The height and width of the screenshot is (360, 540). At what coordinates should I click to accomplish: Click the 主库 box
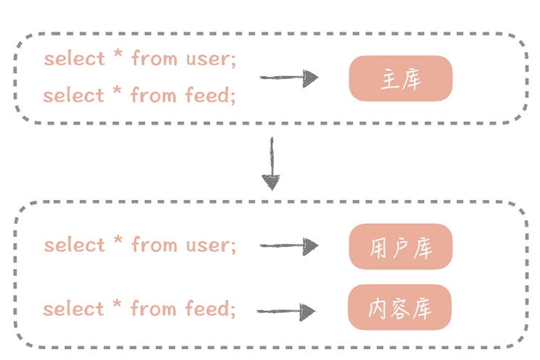(401, 78)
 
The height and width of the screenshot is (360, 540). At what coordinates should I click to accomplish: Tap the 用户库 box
(401, 246)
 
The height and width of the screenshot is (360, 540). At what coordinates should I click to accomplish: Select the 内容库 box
(399, 307)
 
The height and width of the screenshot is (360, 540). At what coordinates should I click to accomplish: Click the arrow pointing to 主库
(289, 78)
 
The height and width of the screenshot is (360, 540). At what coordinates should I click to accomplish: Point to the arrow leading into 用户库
(289, 246)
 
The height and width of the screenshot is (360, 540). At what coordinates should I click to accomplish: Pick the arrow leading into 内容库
(286, 311)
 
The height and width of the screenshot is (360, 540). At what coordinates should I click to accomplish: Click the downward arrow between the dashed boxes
(271, 164)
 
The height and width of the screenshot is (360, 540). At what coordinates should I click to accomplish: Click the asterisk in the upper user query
(118, 54)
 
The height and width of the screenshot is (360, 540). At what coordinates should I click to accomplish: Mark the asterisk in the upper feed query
(117, 90)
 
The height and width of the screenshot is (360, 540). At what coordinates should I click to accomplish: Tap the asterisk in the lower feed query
(117, 304)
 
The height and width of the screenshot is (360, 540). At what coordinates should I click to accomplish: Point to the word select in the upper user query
(75, 58)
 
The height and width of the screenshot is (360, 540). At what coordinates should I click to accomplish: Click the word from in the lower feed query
(153, 308)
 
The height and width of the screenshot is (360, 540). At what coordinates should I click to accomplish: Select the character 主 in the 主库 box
(390, 79)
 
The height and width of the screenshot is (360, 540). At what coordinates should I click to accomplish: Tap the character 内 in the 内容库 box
(377, 309)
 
